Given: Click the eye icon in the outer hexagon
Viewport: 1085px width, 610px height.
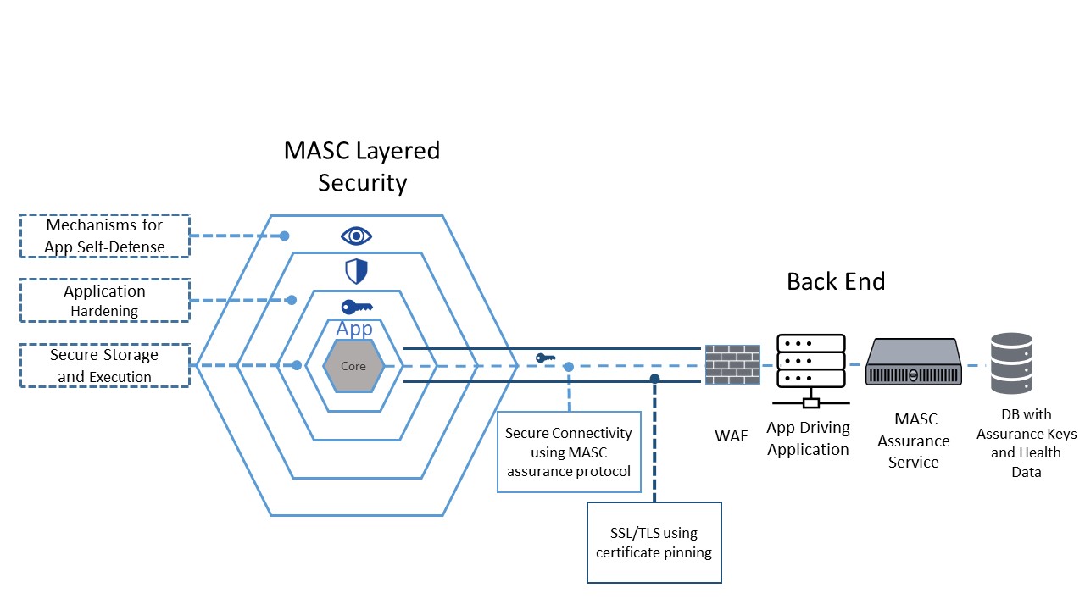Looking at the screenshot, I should click(x=356, y=236).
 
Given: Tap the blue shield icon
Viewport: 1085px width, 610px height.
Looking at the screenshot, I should click(x=356, y=271).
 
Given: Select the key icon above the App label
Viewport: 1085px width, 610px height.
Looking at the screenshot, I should click(x=356, y=307).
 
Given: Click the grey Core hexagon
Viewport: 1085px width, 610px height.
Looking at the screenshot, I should click(x=353, y=366).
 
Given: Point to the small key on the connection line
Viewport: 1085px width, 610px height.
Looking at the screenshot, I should click(x=545, y=358).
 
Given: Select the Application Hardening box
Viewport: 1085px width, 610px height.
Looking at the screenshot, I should click(x=105, y=301).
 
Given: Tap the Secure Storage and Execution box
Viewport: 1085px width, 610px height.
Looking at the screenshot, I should click(x=105, y=365).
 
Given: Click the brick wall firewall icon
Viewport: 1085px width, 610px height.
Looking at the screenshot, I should click(x=732, y=365).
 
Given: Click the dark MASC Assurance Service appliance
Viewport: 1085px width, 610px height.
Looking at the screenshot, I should click(x=913, y=362).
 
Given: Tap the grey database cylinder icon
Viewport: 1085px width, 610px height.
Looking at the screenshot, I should click(x=1011, y=363).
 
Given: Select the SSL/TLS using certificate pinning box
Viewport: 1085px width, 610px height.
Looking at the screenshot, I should click(x=654, y=542).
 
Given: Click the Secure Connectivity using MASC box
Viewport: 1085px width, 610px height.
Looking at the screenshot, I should click(x=569, y=452).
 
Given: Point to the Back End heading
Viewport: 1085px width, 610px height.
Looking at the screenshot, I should click(x=836, y=281).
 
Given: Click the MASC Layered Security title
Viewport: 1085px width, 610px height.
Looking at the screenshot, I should click(x=362, y=166).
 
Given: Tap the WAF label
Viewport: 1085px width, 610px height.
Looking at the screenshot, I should click(x=732, y=436).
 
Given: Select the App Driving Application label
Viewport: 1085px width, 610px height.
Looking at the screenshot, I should click(x=808, y=439).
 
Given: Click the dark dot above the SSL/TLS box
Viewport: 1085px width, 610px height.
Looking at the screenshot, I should click(x=654, y=378).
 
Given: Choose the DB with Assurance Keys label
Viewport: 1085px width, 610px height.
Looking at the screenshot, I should click(x=1026, y=443).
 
